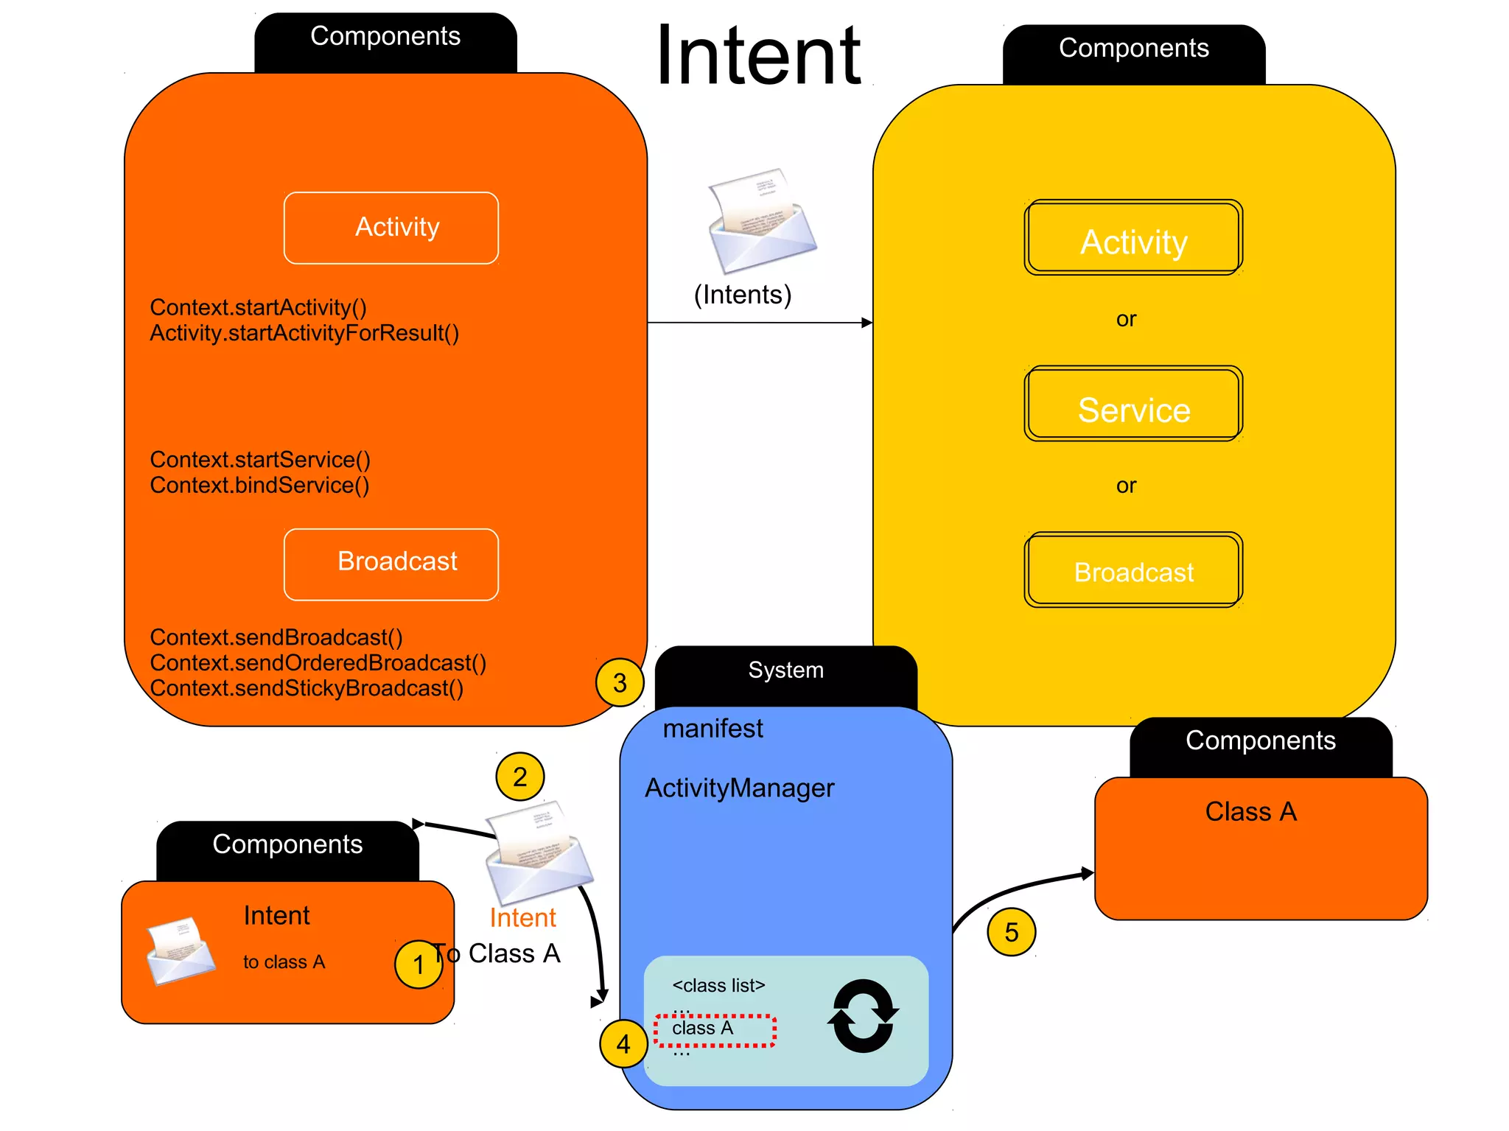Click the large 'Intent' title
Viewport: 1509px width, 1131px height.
758,56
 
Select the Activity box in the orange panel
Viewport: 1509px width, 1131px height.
391,228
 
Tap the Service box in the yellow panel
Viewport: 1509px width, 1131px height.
1133,404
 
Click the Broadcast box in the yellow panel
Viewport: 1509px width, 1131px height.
1133,570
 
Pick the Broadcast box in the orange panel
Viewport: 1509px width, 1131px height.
391,564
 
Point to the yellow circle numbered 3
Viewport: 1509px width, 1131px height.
620,682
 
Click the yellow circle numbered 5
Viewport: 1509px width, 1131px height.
1011,932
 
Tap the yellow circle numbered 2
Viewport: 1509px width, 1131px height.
520,777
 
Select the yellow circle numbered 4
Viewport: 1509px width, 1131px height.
623,1043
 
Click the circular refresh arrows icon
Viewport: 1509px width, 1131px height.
863,1016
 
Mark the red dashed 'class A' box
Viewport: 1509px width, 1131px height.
715,1030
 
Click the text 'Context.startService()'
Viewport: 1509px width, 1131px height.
260,460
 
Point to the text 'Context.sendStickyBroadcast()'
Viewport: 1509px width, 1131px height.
307,688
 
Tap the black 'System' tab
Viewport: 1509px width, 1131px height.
785,670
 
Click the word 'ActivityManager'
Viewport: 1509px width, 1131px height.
739,788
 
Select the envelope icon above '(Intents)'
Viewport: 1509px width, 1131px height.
761,221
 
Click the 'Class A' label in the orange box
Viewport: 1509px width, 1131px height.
1250,811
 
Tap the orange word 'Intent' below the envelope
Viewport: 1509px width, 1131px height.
522,918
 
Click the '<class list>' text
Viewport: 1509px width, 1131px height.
718,985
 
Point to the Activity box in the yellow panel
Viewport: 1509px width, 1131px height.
1133,238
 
